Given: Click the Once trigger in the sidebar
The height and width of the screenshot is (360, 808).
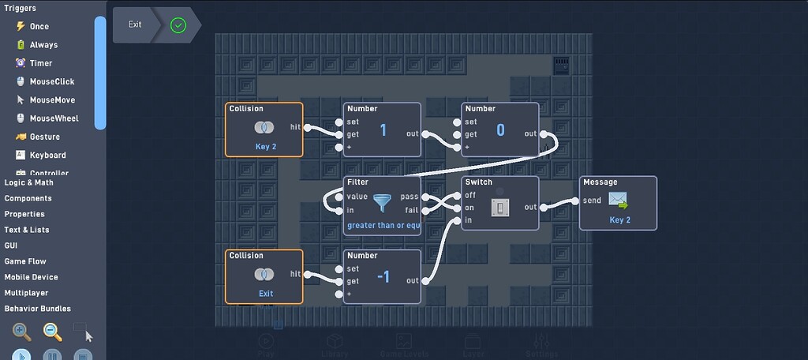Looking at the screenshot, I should coord(39,26).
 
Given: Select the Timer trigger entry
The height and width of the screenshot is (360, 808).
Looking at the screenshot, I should coord(40,63).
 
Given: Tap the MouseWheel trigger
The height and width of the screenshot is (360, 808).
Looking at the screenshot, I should coord(54,118).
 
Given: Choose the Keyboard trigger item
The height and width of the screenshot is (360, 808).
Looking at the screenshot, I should coord(47,155).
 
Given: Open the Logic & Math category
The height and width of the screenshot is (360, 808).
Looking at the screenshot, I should coord(29,182).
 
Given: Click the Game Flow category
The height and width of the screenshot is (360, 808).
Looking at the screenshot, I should coord(25,261).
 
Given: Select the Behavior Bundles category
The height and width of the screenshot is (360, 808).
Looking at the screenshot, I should coord(38,309).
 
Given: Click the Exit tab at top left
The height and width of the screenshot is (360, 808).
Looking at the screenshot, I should coord(136,24).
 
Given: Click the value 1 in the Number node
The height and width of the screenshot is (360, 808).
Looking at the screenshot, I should coord(383,130).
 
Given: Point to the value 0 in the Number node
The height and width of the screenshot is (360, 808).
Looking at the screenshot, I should coord(500,130).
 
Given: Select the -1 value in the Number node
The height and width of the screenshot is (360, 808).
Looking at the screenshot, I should coord(383,276).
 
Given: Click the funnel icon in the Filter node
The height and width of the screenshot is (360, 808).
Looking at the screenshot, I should coord(383,203).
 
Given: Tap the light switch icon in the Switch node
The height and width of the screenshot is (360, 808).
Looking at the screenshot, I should coord(500,207).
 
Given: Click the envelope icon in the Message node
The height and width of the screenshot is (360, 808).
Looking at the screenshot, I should coord(618,200).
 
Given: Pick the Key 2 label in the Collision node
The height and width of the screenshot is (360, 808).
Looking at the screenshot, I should coord(266,147).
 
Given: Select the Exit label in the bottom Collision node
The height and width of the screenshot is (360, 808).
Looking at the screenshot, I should coord(266,294).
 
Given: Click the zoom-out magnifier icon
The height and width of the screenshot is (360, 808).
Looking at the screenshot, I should coord(52,332).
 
